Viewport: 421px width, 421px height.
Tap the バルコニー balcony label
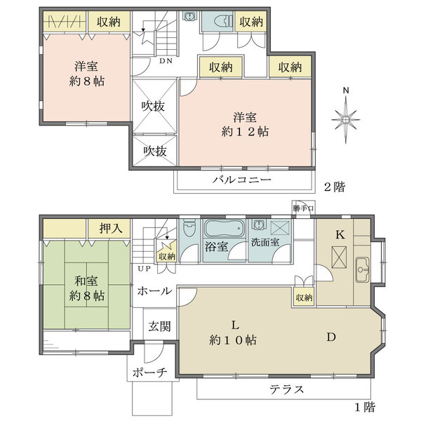tap(242, 180)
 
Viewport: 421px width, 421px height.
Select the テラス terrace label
tap(286, 389)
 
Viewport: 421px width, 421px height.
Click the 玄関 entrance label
tap(159, 326)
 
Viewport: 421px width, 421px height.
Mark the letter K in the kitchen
tap(339, 235)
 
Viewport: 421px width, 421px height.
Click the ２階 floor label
tap(333, 187)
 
